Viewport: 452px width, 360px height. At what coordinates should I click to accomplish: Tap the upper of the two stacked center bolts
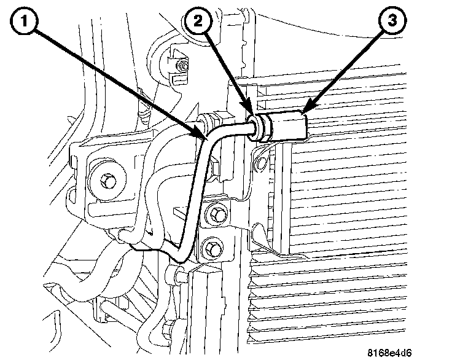tap(216, 214)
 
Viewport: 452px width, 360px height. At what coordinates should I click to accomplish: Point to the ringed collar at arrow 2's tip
tap(257, 125)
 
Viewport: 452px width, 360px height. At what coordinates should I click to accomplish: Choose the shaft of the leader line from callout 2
tap(227, 71)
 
